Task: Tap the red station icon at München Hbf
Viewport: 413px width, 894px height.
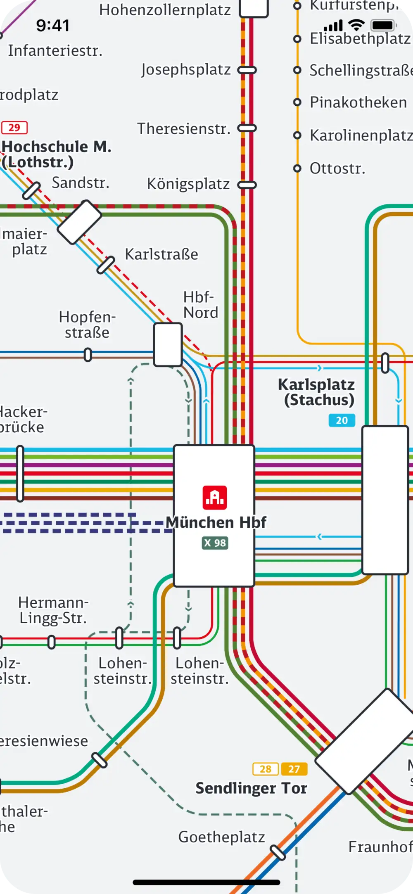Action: pos(215,497)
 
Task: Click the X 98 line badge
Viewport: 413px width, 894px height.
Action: pos(215,543)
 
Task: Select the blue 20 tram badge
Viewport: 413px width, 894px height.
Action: pos(342,420)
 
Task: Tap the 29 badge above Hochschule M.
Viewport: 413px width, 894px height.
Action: pos(14,128)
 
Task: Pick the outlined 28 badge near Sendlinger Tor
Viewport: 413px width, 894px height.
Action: pos(265,769)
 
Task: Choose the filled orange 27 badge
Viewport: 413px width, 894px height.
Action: pos(294,769)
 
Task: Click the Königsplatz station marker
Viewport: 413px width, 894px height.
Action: pos(247,185)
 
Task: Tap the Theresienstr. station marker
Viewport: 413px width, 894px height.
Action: pos(247,128)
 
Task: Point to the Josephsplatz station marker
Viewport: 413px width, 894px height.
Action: pos(247,70)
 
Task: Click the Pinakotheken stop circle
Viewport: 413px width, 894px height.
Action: pos(297,102)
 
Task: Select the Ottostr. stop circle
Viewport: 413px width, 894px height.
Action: pos(297,168)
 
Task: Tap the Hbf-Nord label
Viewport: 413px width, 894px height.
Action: pos(201,305)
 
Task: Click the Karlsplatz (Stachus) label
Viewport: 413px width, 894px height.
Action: pos(317,392)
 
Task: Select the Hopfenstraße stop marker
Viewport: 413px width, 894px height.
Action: pos(88,354)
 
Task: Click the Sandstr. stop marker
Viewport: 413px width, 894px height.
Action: pos(31,190)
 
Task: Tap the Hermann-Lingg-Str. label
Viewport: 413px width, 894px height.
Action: pos(53,610)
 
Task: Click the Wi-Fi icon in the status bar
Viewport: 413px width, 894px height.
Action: pos(356,26)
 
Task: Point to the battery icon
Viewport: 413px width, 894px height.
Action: pos(384,26)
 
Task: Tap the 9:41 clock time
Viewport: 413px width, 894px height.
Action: pos(53,26)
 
